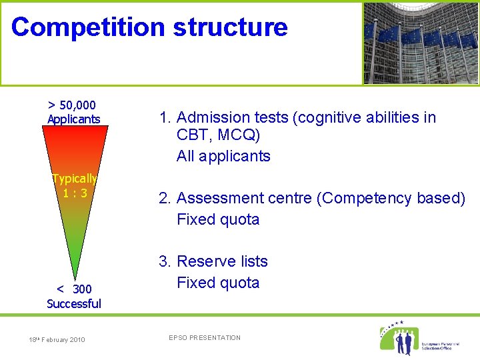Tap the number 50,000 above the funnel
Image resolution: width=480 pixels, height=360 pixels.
coord(77,105)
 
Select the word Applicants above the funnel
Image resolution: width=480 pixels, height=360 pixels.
coord(73,119)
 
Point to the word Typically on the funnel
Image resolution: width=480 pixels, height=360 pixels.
coord(75,179)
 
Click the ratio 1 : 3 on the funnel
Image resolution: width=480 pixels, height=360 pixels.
coord(75,193)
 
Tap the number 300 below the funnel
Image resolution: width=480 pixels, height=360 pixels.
coord(82,289)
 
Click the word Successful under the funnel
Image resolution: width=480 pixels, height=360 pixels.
coord(74,304)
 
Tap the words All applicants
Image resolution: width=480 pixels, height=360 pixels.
coord(223,157)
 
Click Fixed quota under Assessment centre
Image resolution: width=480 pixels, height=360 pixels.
coord(218,219)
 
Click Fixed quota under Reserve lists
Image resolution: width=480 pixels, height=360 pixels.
coord(218,283)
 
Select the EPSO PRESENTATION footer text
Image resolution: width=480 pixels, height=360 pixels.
coord(205,338)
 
